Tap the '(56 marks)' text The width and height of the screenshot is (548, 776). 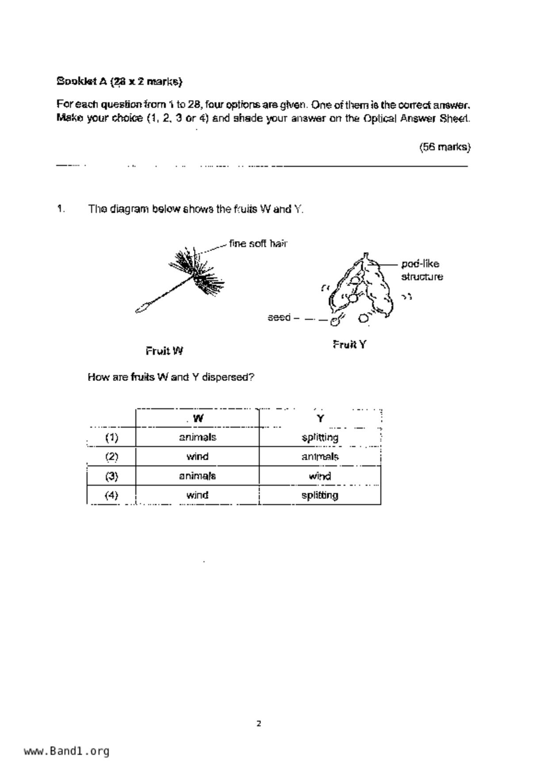click(445, 147)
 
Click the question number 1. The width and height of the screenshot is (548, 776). click(61, 209)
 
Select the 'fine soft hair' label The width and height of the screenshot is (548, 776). click(258, 244)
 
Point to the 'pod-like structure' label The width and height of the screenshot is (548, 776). click(422, 270)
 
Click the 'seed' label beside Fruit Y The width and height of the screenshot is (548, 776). click(279, 318)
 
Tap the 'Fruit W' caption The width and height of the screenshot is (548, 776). click(164, 351)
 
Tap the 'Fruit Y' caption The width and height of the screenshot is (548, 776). click(349, 344)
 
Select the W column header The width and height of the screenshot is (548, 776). click(198, 419)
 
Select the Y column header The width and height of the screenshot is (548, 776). click(320, 419)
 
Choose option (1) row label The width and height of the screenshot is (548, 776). click(111, 438)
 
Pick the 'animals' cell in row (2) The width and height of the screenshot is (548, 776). click(320, 457)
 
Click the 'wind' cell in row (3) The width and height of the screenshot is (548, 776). click(320, 476)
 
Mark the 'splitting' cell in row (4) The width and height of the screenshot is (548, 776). click(320, 495)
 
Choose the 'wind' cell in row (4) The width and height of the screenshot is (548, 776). click(197, 495)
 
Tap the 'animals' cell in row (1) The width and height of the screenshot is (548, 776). click(197, 438)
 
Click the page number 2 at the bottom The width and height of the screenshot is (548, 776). click(259, 724)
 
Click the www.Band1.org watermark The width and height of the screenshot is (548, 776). click(66, 751)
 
